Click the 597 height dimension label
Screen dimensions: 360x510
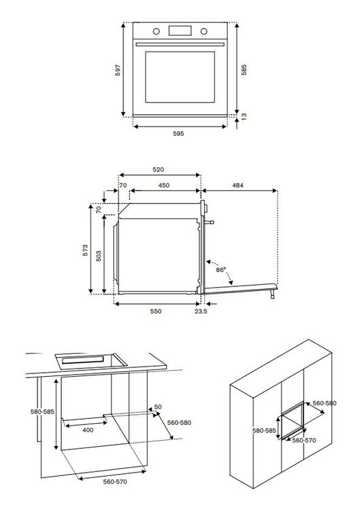pyautogui.click(x=118, y=70)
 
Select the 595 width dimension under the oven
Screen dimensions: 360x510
pyautogui.click(x=178, y=134)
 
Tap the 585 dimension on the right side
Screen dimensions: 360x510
pyautogui.click(x=244, y=70)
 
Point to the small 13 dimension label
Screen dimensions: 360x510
pyautogui.click(x=244, y=116)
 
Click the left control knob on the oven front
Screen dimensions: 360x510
pyautogui.click(x=157, y=31)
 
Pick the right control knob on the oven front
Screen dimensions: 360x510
pyautogui.click(x=203, y=31)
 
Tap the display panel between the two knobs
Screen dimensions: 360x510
pyautogui.click(x=180, y=31)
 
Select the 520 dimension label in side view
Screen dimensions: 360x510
pyautogui.click(x=159, y=169)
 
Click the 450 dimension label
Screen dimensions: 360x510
pyautogui.click(x=164, y=186)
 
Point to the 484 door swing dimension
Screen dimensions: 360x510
pyautogui.click(x=238, y=186)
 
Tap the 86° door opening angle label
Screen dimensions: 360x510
pyautogui.click(x=220, y=270)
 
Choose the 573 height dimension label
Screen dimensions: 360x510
pyautogui.click(x=85, y=250)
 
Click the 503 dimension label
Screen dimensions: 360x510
pyautogui.click(x=99, y=256)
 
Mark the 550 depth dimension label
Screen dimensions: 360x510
pyautogui.click(x=156, y=311)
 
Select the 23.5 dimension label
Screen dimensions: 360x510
pyautogui.click(x=201, y=311)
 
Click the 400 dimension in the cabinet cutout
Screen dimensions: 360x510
pyautogui.click(x=88, y=430)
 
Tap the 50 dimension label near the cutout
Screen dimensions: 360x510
pyautogui.click(x=158, y=407)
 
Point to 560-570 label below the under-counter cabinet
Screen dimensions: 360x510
pyautogui.click(x=115, y=482)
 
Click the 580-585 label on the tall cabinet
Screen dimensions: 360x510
pyautogui.click(x=264, y=430)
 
